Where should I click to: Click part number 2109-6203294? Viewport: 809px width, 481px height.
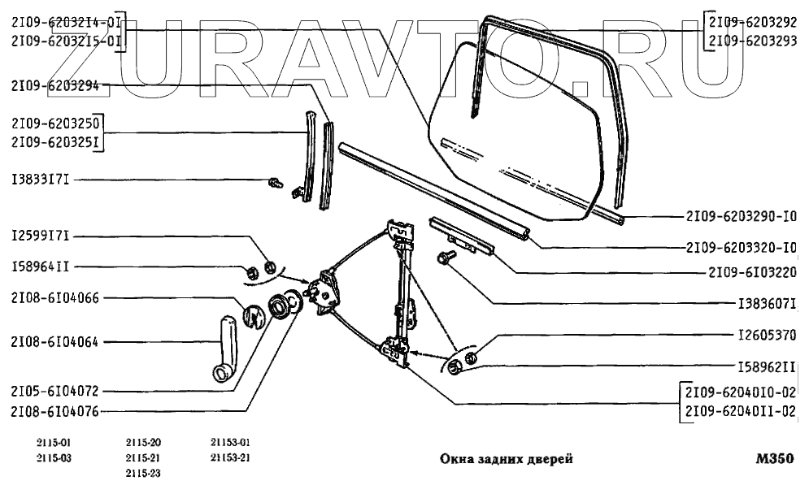(x=54, y=86)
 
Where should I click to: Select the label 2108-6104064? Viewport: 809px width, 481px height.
(x=54, y=342)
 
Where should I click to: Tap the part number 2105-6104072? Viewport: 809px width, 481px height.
(x=54, y=389)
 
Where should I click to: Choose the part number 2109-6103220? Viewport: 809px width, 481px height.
(x=752, y=273)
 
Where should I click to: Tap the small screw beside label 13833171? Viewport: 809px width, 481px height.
(x=276, y=184)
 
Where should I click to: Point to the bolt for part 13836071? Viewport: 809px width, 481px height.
(x=444, y=258)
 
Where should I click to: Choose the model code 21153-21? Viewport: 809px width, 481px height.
(x=229, y=458)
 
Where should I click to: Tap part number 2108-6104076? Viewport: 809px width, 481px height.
(x=54, y=412)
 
